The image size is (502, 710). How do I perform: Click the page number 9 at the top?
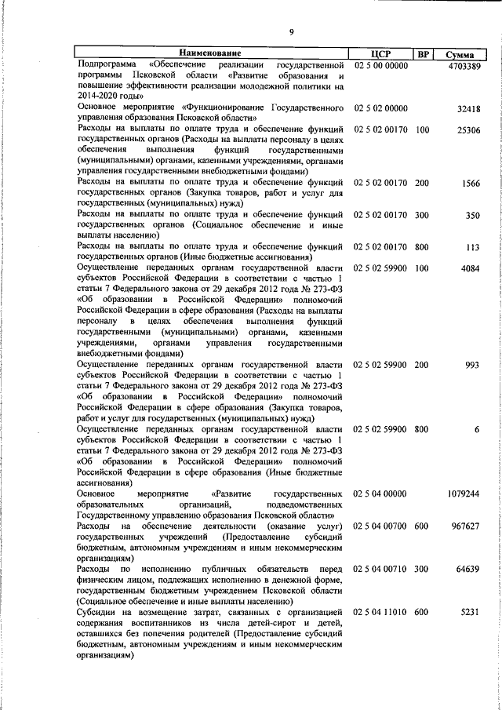(x=290, y=32)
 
